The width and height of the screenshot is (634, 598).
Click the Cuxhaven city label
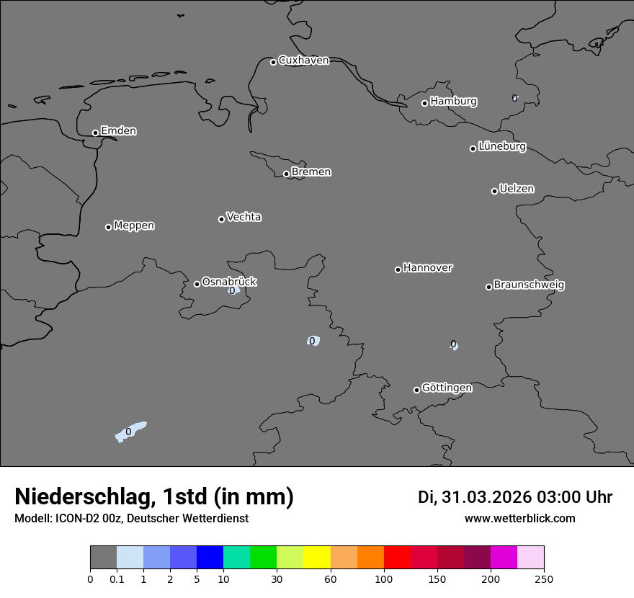(303, 61)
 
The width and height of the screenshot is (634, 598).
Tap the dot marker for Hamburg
(424, 103)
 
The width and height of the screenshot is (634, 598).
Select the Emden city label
(118, 131)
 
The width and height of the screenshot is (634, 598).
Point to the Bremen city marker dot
(286, 174)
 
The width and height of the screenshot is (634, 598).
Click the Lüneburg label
(502, 147)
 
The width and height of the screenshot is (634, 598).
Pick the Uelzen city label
(517, 189)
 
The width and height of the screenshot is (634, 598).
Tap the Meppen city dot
(108, 227)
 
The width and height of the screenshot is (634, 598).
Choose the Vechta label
(244, 217)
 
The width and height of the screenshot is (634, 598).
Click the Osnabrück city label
(229, 282)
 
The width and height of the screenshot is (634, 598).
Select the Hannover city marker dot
(398, 269)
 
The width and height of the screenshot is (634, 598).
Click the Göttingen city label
(447, 388)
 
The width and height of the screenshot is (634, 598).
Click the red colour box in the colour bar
(397, 558)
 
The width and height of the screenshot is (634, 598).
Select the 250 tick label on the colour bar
(544, 579)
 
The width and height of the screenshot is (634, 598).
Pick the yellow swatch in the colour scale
(317, 558)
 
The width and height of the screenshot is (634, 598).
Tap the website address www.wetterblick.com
(519, 519)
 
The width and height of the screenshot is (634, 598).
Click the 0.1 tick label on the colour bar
(117, 579)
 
